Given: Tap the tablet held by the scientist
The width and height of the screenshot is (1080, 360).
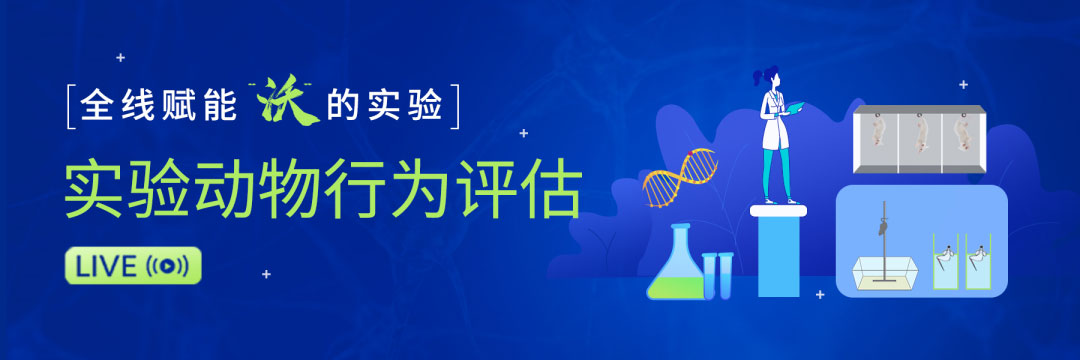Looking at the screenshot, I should click(796, 109).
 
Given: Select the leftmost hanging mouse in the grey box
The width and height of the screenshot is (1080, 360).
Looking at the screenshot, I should click(877, 138).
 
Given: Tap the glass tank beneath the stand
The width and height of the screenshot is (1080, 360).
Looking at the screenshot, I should click(885, 273).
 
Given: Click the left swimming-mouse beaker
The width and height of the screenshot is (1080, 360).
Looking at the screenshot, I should click(946, 262).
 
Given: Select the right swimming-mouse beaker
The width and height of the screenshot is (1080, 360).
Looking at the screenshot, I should click(978, 262).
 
